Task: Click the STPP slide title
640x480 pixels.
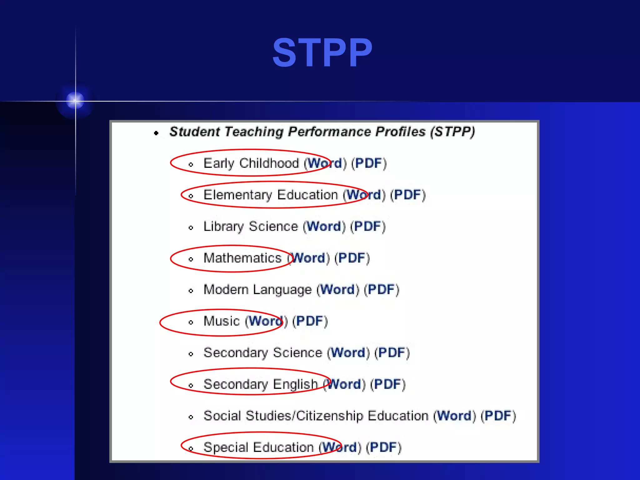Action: [x=322, y=52]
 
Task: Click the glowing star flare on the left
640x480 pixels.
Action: [x=75, y=101]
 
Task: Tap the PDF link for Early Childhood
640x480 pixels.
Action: [x=369, y=163]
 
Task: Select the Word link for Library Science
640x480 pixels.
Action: [x=324, y=226]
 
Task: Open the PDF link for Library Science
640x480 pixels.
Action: [x=367, y=226]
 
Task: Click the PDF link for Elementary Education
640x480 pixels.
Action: [x=408, y=195]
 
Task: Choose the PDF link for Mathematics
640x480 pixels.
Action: [x=352, y=258]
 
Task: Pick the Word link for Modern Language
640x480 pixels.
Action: [x=338, y=289]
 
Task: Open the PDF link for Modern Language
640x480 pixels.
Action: [x=381, y=289]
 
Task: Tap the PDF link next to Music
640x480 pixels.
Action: [x=310, y=321]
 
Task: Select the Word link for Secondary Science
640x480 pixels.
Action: [x=348, y=352]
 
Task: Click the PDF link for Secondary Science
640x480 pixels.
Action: [x=392, y=352]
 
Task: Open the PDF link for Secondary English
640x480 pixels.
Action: [x=387, y=384]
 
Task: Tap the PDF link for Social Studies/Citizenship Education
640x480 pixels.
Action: [x=498, y=416]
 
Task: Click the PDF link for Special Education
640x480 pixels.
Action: [x=383, y=447]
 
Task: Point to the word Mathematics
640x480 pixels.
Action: [x=242, y=258]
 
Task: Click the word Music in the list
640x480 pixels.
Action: [x=222, y=321]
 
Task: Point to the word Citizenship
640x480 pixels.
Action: [x=330, y=416]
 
